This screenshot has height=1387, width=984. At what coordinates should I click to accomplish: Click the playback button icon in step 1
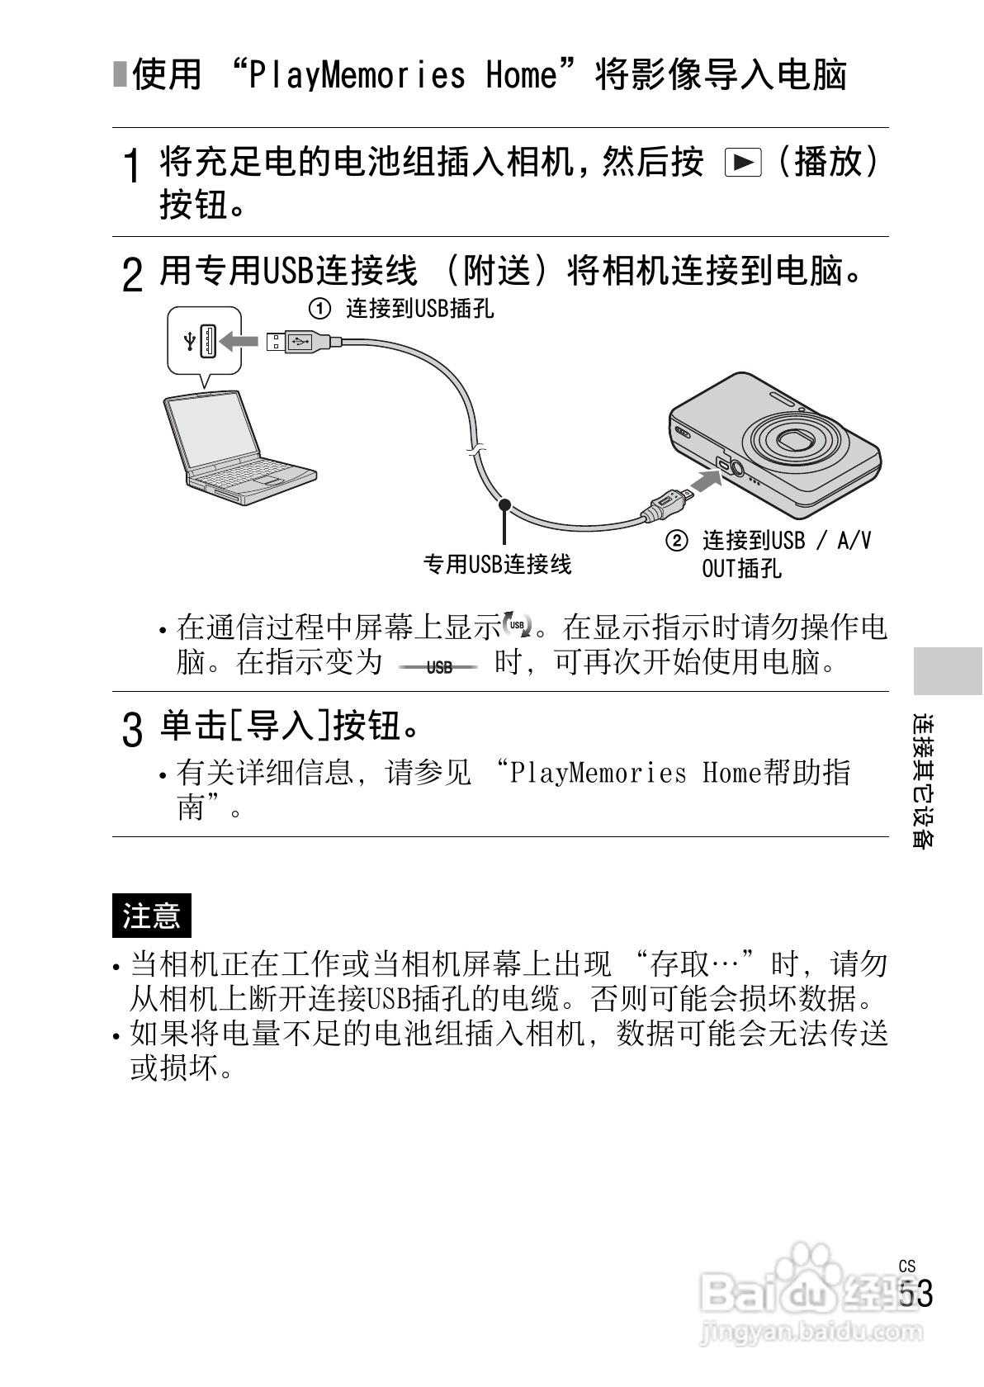coord(741,163)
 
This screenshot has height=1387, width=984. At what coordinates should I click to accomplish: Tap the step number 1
coord(130,167)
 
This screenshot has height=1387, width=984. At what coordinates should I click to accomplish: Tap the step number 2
coord(131,275)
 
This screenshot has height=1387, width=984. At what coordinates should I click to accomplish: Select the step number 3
coord(131,731)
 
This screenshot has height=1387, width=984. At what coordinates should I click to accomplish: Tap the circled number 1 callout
coord(319,310)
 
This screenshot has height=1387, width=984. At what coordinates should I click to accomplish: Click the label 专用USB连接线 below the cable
coord(497,565)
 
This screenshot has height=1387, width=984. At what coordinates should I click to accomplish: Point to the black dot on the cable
coord(504,504)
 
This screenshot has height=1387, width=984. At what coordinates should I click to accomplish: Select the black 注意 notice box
coord(151,915)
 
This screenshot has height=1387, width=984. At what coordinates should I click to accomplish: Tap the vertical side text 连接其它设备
coord(924,779)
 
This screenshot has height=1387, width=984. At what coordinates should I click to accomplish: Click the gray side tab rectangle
coord(948,670)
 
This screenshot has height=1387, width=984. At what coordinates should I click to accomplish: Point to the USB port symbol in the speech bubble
coord(191,340)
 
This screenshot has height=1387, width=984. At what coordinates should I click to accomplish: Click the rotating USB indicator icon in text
coord(518,627)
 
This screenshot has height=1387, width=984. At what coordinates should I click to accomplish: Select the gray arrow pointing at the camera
coord(705,480)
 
